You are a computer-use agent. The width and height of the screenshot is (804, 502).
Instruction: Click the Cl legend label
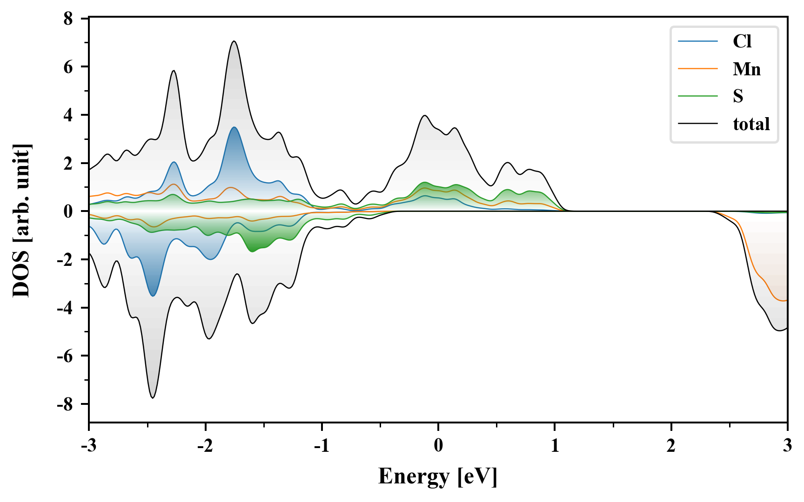point(742,41)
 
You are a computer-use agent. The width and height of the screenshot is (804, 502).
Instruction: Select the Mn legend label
point(747,69)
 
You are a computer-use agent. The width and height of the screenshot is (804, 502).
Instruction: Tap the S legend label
point(738,96)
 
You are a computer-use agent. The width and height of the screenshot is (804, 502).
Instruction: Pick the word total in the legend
point(751,124)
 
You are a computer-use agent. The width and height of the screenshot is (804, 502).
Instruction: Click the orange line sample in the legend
point(697,69)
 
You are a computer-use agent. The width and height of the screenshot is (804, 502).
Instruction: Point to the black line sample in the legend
point(697,124)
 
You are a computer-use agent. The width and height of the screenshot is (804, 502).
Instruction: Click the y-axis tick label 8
point(68,19)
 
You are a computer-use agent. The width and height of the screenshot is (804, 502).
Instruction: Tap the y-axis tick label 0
point(68,211)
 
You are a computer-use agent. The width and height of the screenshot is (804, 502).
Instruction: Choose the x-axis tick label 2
point(671,446)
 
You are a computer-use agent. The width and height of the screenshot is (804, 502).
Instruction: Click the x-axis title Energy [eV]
point(438,476)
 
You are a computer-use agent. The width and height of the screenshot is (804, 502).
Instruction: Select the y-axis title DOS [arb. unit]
point(21,220)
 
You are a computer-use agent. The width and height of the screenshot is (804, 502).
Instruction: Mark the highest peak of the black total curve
point(234,41)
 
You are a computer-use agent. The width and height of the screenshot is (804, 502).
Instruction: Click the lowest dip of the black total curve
point(153,397)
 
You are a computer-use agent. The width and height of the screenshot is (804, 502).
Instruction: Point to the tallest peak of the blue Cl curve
point(234,127)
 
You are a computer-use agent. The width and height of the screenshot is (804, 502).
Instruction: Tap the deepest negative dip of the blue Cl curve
point(153,296)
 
